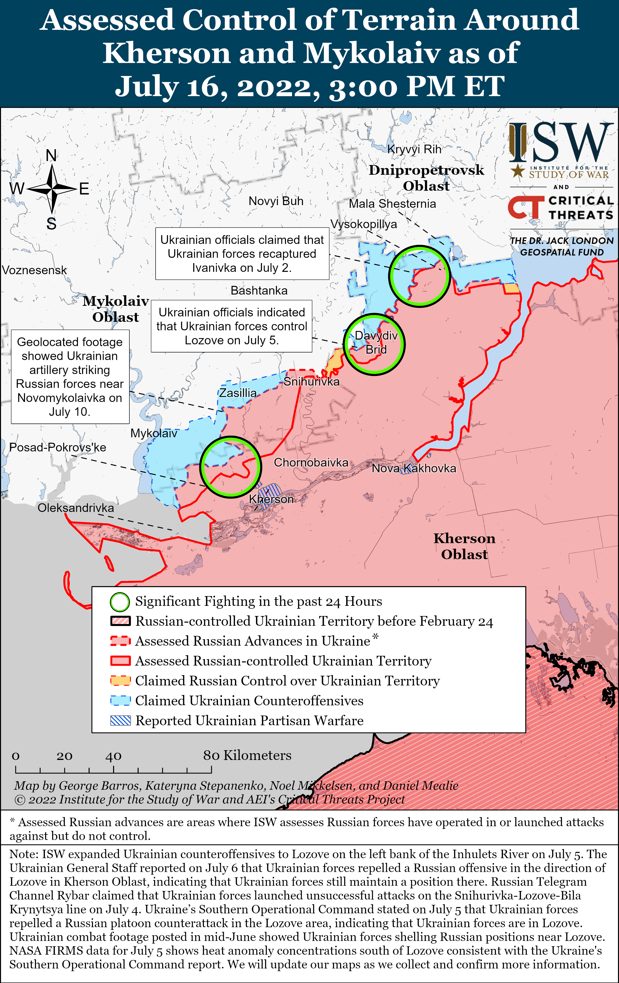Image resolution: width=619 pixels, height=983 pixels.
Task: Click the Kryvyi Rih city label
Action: [414, 150]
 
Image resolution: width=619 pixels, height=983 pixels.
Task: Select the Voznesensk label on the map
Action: [34, 270]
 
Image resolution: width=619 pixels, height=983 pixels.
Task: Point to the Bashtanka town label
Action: [259, 291]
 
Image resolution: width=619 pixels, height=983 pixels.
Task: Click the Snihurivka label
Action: [311, 382]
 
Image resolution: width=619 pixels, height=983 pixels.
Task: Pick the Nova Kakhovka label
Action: [414, 468]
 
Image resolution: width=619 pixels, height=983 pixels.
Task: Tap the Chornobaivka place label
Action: [311, 463]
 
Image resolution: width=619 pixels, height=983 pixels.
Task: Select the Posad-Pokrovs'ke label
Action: [58, 447]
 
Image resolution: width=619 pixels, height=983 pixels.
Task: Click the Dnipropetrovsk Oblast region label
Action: [426, 178]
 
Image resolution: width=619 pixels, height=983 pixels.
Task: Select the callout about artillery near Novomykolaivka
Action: [70, 377]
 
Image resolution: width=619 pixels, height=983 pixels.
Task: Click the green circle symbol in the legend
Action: [120, 602]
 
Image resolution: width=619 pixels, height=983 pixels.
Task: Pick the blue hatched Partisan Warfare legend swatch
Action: [120, 721]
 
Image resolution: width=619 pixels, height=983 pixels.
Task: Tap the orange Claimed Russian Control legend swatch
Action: [120, 681]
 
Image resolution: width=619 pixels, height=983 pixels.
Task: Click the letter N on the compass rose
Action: [51, 156]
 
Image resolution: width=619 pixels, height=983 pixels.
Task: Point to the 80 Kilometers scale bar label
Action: [247, 756]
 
